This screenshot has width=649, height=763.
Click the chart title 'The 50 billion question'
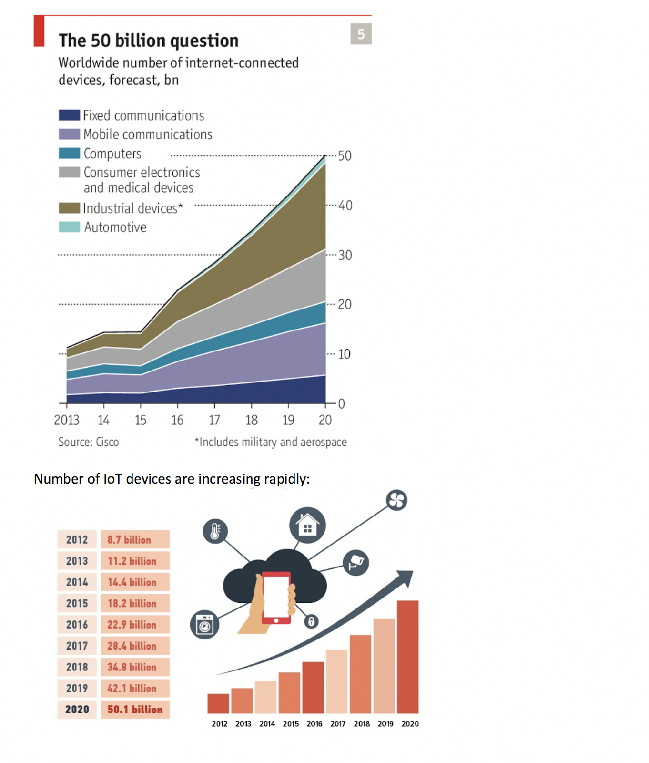point(149,41)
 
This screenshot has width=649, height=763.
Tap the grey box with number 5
point(361,34)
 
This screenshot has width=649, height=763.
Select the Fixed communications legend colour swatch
point(69,115)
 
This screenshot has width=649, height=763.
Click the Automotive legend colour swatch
point(69,227)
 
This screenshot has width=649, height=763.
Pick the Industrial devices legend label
point(133,208)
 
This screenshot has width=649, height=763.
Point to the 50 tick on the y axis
point(345,156)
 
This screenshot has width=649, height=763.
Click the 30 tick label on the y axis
point(345,255)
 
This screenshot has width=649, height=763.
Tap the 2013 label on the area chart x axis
point(66,420)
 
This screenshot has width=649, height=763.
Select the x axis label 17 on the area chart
point(214,420)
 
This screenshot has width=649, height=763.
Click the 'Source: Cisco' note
point(89,442)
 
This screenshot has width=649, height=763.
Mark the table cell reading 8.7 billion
point(135,539)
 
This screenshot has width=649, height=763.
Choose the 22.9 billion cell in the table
point(135,624)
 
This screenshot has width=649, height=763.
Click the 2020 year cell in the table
point(77,709)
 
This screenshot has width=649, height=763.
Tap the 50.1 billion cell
point(135,709)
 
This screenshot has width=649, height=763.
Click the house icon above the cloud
point(308,525)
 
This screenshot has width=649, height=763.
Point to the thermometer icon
point(215,531)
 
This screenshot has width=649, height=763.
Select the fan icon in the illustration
point(396,500)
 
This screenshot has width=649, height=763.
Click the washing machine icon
point(204,625)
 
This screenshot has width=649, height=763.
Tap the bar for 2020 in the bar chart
point(408,657)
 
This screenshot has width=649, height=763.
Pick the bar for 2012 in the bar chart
point(218,703)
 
